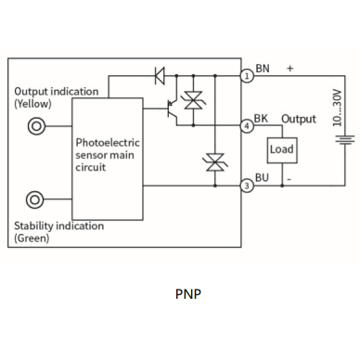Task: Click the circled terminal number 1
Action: coord(247,76)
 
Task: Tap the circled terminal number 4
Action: coord(247,126)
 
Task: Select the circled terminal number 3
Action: coord(247,186)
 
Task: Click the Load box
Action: coord(282,150)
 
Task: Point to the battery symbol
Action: coord(345,140)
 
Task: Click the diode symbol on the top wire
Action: coord(160,75)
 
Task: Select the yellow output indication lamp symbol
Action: coord(36,126)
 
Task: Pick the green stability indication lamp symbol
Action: coord(34,199)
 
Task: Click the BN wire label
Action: coord(263,69)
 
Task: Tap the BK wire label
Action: coord(261,119)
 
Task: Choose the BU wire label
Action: coord(262,177)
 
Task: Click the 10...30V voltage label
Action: coord(337,108)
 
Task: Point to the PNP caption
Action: coord(188,294)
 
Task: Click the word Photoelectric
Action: coord(108,143)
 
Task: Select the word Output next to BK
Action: coord(299,119)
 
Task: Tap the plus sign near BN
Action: coord(289,69)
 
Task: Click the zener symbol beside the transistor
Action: coord(193,100)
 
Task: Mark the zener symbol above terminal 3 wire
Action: coord(215,162)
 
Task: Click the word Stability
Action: coord(33,226)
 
